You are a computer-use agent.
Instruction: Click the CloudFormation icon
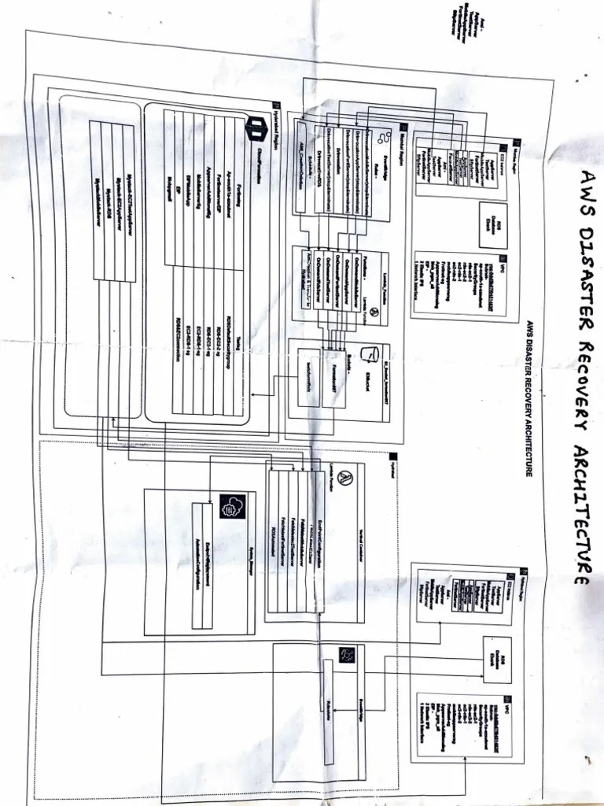click(257, 127)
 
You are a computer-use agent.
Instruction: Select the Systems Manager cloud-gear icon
click(230, 505)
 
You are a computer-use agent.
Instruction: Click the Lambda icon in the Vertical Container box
click(348, 479)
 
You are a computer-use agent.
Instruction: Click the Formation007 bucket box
click(333, 378)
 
